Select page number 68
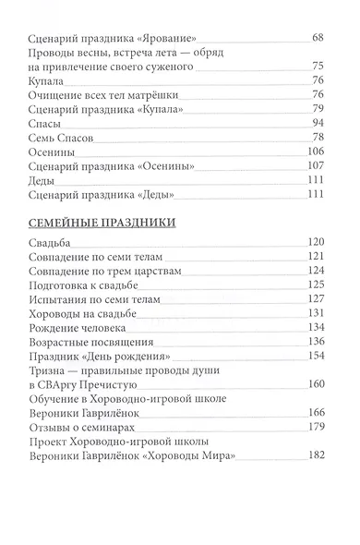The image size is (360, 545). point(318,39)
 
